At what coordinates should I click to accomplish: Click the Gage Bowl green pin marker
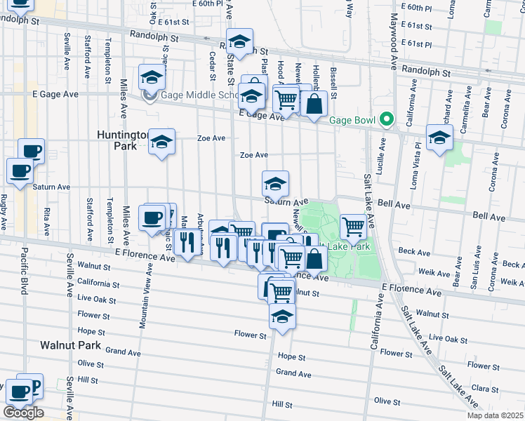click(385, 120)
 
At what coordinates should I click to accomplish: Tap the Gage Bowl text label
click(352, 120)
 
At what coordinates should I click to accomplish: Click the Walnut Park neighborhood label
click(70, 345)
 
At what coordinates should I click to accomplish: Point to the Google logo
click(23, 413)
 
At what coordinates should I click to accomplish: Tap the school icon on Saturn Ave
click(275, 184)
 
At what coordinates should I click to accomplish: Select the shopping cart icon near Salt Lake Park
click(353, 227)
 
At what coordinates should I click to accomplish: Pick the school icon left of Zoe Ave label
click(161, 143)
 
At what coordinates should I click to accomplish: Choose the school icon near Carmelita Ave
click(439, 138)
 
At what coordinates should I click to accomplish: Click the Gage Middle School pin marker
click(149, 95)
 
